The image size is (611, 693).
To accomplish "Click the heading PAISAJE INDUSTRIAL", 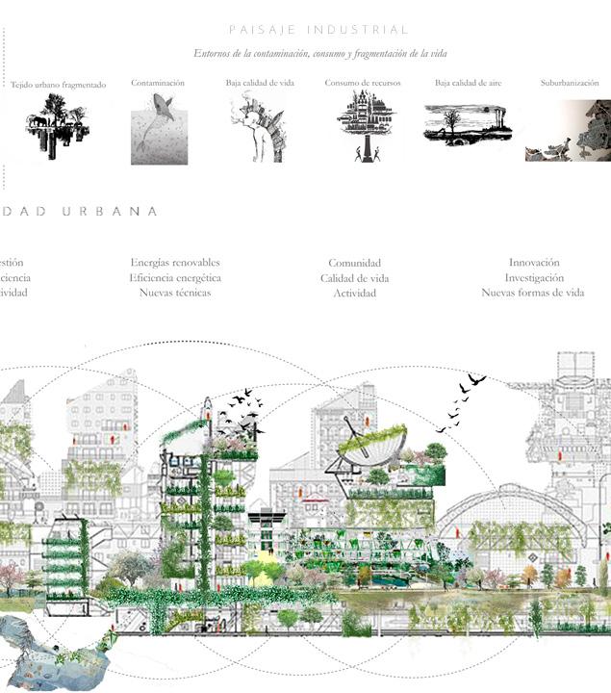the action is [x=319, y=31].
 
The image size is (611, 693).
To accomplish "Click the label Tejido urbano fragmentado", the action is [x=58, y=85].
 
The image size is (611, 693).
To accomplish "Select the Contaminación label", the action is [x=158, y=83].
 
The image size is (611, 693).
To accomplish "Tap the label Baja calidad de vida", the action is [x=260, y=83].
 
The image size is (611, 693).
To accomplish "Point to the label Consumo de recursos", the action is [x=363, y=83].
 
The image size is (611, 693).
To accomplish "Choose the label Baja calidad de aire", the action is [x=468, y=83].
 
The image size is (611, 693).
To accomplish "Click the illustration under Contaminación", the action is [x=159, y=129].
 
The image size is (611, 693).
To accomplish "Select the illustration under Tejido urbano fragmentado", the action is [x=58, y=126].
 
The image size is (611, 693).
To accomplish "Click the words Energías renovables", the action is [x=175, y=263].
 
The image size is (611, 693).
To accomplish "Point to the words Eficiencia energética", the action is [x=175, y=277].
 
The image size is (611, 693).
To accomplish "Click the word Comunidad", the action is [x=354, y=263].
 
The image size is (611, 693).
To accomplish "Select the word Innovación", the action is [x=534, y=263].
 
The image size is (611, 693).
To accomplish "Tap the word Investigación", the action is [x=534, y=277].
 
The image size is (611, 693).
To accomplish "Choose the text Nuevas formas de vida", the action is [x=532, y=293].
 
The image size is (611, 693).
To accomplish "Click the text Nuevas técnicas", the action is [x=175, y=293].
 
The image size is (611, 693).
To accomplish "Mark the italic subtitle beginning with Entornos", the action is [x=319, y=54].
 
